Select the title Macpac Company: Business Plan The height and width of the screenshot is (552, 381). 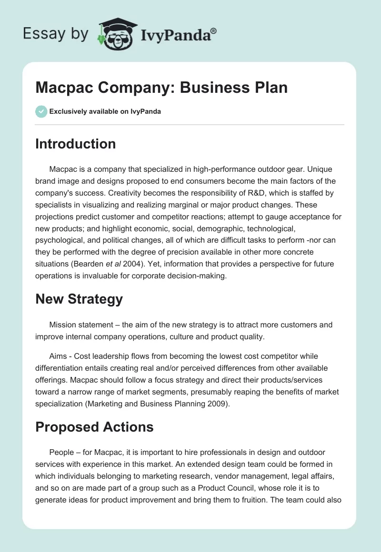click(161, 88)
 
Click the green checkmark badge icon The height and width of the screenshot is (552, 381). click(41, 111)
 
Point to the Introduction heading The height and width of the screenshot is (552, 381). click(75, 144)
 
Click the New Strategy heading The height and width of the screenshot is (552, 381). click(79, 299)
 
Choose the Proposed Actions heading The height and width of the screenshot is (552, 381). click(94, 427)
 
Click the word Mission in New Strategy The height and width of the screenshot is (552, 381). click(63, 325)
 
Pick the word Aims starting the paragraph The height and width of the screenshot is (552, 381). click(58, 356)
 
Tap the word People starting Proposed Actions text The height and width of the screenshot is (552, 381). click(61, 452)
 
